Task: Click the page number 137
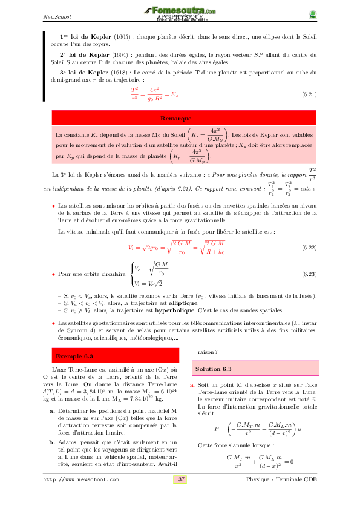pos(180,496)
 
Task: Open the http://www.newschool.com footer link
pos(80,497)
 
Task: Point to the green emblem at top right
pos(312,14)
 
